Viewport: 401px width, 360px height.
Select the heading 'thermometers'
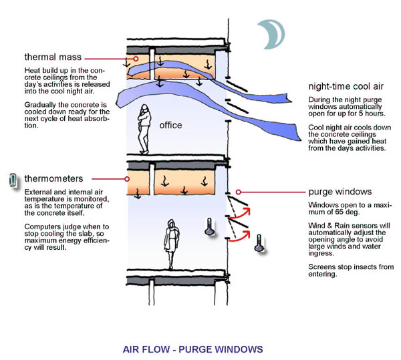click(53, 179)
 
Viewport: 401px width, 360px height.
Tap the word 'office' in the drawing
click(171, 125)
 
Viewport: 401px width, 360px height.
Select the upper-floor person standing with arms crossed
click(144, 129)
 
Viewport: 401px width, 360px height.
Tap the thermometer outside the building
click(257, 241)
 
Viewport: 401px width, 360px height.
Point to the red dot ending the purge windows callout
click(237, 191)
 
